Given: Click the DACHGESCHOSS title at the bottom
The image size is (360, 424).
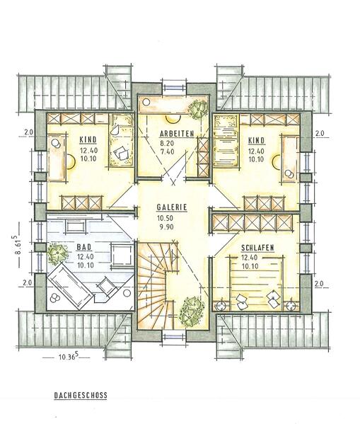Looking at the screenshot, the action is point(81,396).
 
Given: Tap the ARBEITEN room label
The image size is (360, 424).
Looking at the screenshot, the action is point(177,134).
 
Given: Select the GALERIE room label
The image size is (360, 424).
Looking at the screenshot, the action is point(172,207).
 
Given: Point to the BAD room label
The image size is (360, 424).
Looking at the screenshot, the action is point(83,247).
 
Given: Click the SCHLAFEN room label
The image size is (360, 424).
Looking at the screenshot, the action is point(257,248).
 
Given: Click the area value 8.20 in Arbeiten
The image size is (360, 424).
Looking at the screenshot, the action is point(168,143).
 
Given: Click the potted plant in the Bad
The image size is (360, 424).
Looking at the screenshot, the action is point(57,253).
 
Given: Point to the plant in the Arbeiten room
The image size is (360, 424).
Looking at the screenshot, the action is point(198,109).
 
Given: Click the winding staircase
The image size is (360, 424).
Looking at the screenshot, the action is point(157,284).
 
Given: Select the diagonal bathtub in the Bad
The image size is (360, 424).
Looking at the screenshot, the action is point(71,287).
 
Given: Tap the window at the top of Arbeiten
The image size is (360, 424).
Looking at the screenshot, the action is point(174,87).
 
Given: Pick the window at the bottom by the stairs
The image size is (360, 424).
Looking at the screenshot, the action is point(174,336).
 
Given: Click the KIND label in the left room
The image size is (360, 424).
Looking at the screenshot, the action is point(88,139).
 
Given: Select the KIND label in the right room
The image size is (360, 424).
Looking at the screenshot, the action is point(257,140).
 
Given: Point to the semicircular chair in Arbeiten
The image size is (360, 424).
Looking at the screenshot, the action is point(173,118).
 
